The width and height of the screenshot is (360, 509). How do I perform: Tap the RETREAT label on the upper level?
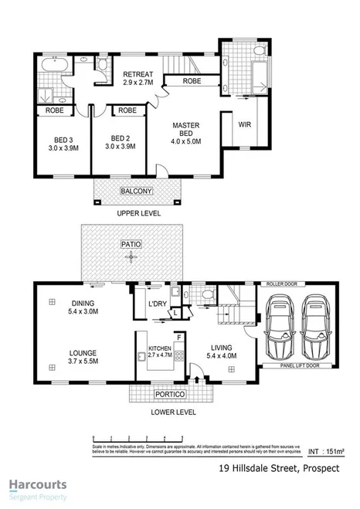tap(140, 75)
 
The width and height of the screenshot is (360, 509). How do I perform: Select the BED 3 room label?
tap(53, 141)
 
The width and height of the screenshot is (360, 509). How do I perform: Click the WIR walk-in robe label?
tap(245, 124)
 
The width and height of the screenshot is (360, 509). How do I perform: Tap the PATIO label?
tap(131, 243)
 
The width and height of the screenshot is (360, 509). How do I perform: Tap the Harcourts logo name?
tap(38, 485)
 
